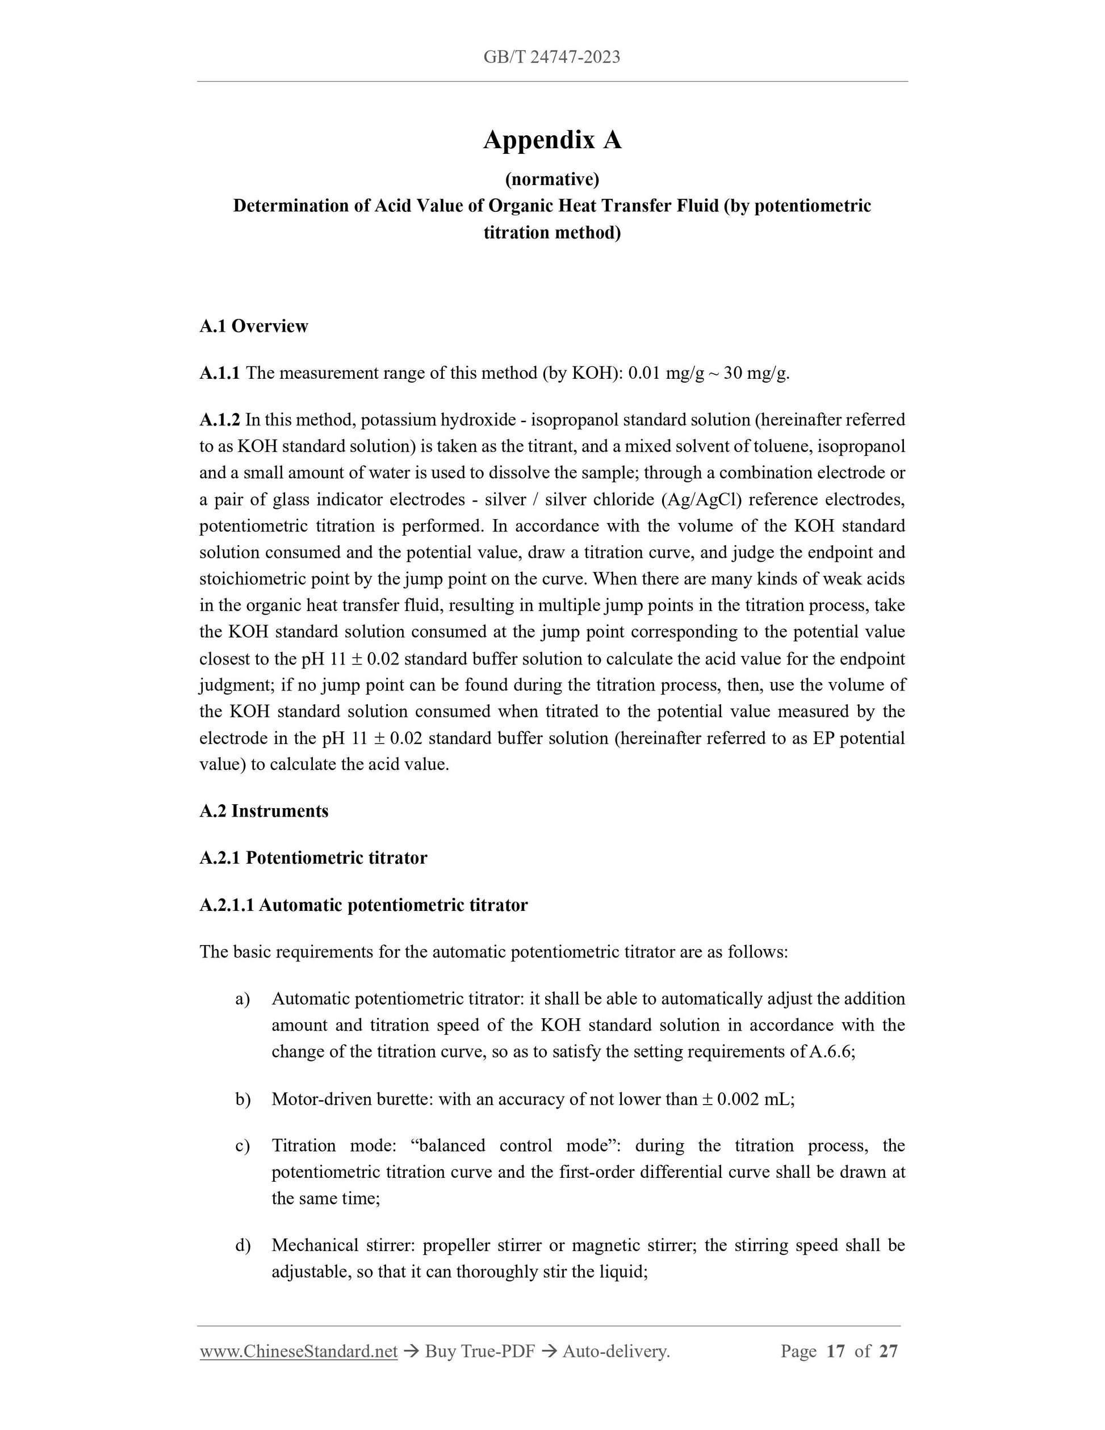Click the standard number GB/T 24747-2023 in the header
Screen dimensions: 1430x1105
(x=552, y=57)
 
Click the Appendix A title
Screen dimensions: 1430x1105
(x=552, y=140)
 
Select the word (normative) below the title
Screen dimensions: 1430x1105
(x=552, y=179)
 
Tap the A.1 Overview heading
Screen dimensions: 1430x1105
(x=253, y=326)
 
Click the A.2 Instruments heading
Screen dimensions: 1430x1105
(x=264, y=811)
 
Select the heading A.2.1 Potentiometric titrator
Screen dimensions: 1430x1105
(x=313, y=858)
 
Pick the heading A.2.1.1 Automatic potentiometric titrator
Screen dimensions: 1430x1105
(x=363, y=905)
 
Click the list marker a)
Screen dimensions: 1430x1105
(x=243, y=998)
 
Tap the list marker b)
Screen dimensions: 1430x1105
(x=243, y=1099)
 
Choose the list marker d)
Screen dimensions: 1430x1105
(x=243, y=1245)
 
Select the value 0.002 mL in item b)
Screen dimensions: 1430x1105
(x=754, y=1099)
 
